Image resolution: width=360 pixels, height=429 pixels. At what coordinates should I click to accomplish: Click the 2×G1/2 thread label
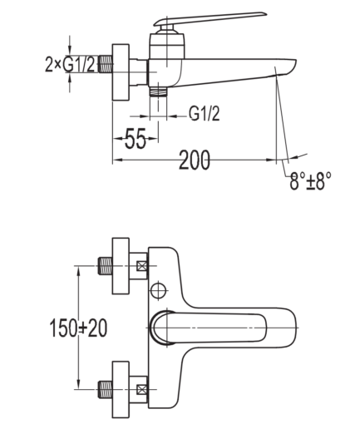point(70,65)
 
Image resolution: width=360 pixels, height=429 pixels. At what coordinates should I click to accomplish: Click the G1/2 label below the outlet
point(205,114)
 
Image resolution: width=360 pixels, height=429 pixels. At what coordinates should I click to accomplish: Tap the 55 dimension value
point(136,138)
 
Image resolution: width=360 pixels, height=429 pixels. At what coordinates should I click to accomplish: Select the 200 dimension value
point(195,160)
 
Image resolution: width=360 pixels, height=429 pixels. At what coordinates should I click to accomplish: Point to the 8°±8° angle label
point(310,181)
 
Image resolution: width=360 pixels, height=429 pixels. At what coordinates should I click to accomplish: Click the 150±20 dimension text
point(78,328)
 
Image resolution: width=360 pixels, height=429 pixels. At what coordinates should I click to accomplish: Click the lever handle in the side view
point(210,18)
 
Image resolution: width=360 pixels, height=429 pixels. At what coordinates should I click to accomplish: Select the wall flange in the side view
point(121,72)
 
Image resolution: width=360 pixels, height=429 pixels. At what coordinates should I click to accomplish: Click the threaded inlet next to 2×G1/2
point(105,64)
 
